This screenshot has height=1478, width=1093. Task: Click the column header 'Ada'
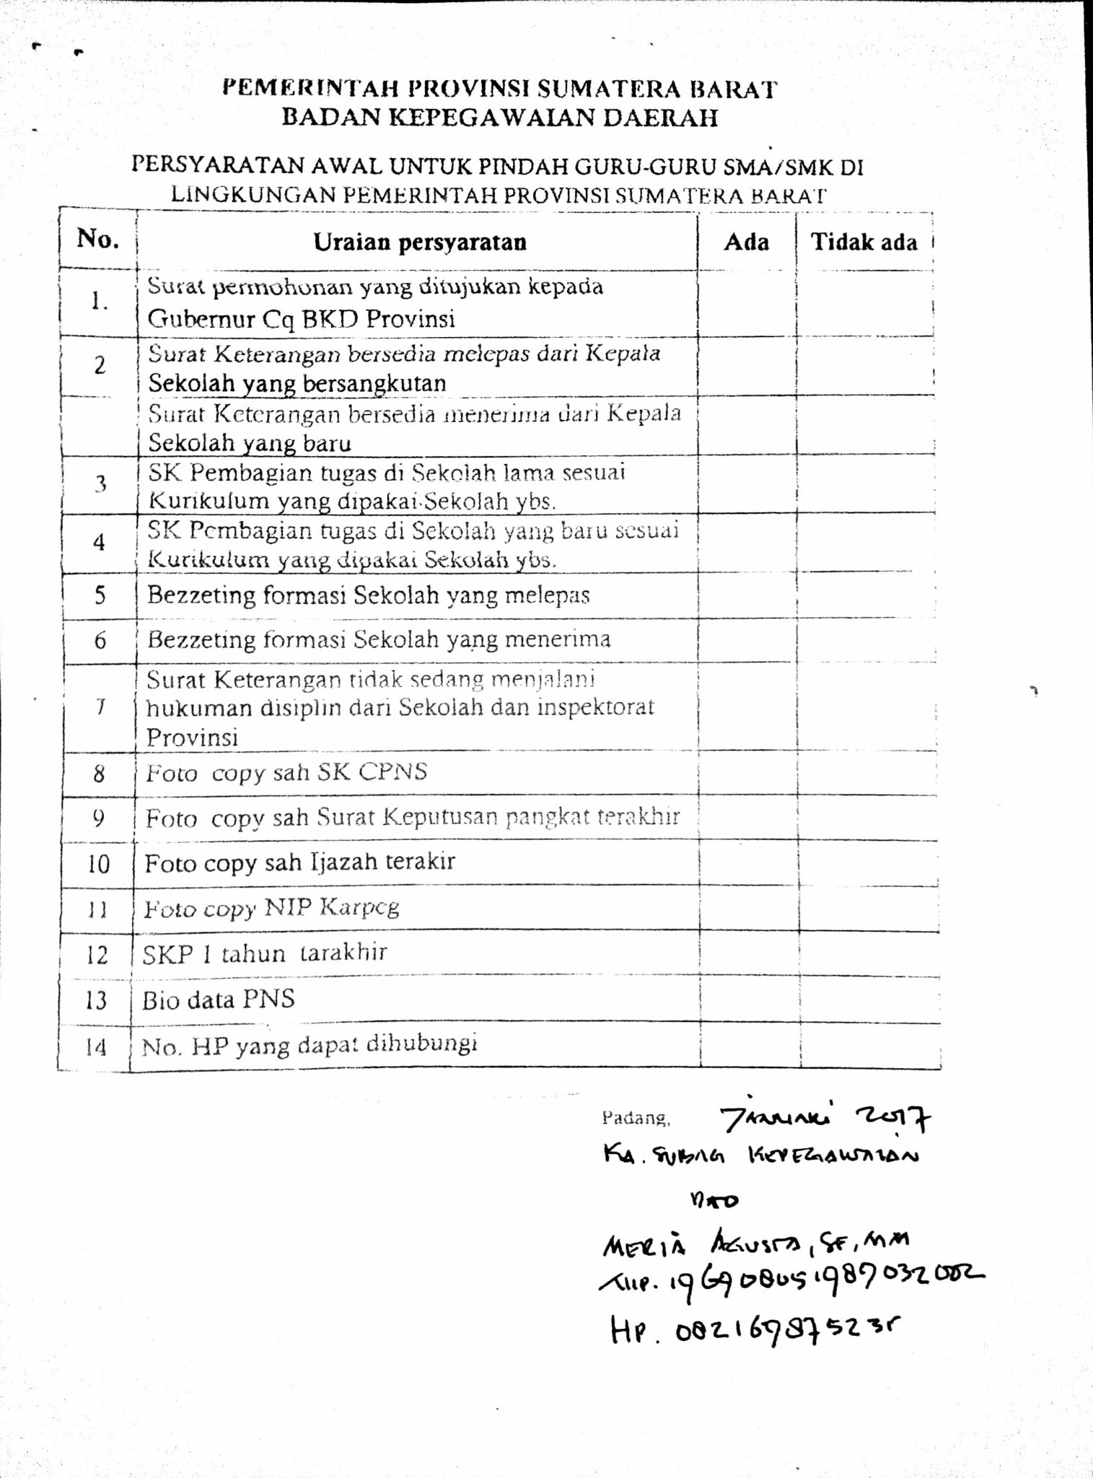[746, 242]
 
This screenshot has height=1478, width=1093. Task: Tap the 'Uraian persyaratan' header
[419, 242]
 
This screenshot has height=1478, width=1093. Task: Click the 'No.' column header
[97, 239]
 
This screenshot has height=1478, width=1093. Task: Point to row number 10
[97, 864]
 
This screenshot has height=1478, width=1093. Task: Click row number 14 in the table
[95, 1047]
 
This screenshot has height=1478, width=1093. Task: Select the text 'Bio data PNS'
[219, 1000]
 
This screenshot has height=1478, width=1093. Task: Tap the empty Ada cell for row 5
[747, 596]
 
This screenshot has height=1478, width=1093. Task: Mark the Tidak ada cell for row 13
[869, 1000]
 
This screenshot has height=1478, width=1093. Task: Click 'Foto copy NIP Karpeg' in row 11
[271, 908]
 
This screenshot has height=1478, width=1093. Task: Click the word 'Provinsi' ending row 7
[192, 738]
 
